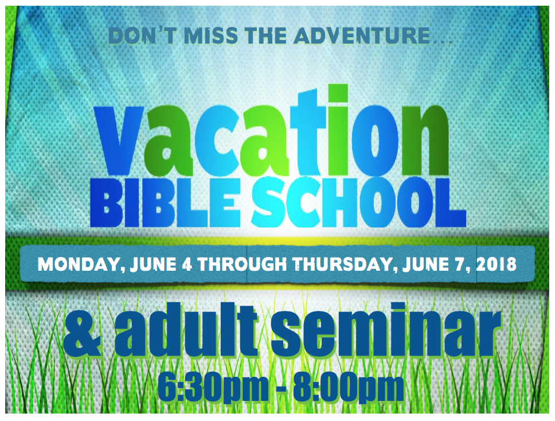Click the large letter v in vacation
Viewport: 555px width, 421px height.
coord(119,141)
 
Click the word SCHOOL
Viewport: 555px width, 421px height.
coord(358,202)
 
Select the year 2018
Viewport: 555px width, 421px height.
coord(496,264)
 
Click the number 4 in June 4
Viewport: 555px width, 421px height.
coord(187,264)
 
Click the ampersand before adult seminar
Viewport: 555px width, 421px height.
coord(82,334)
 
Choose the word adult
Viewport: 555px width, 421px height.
coord(186,329)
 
